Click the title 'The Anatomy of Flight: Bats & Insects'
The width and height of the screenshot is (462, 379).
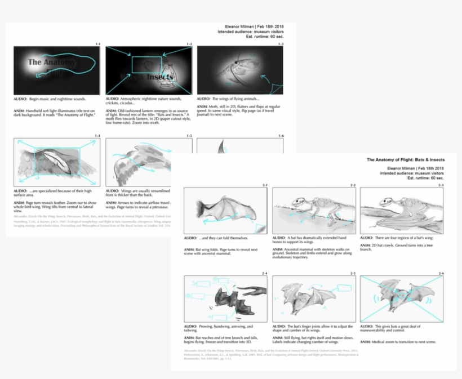(x=405, y=160)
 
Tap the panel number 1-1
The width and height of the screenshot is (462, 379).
(x=97, y=44)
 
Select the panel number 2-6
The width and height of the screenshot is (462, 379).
(x=440, y=273)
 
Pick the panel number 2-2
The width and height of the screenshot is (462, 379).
(x=353, y=185)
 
